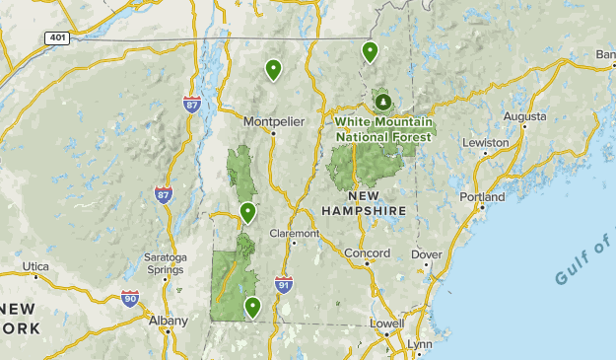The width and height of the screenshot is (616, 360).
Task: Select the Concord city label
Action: pyautogui.click(x=367, y=253)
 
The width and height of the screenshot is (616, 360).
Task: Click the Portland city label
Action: pyautogui.click(x=482, y=197)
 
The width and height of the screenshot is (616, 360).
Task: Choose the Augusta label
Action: pyautogui.click(x=524, y=115)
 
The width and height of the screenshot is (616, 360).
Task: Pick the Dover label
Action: pyautogui.click(x=426, y=253)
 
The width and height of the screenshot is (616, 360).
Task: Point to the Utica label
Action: pyautogui.click(x=35, y=267)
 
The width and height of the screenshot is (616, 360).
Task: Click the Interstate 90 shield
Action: pyautogui.click(x=129, y=297)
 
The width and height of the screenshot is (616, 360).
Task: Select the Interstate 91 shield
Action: pyautogui.click(x=284, y=284)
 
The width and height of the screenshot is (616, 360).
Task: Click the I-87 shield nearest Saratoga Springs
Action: pyautogui.click(x=163, y=195)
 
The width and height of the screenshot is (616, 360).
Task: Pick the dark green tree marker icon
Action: pyautogui.click(x=381, y=101)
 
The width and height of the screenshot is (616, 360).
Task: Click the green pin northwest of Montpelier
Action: pyautogui.click(x=273, y=69)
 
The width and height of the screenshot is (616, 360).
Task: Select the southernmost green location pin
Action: pyautogui.click(x=252, y=307)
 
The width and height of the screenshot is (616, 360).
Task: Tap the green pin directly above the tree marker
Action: pyautogui.click(x=370, y=51)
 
